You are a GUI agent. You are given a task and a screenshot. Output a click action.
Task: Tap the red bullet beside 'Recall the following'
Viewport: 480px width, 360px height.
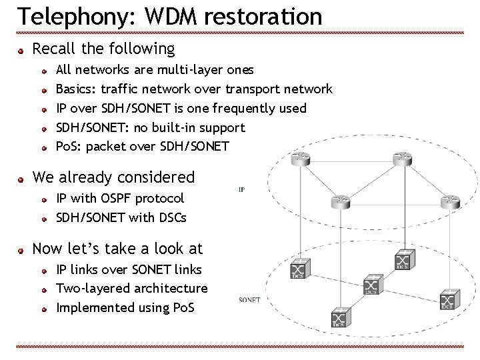(x=22, y=50)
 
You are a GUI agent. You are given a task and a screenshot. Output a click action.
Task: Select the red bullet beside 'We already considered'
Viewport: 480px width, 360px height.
(x=22, y=178)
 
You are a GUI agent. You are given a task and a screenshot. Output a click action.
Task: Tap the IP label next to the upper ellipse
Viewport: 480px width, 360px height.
(x=241, y=189)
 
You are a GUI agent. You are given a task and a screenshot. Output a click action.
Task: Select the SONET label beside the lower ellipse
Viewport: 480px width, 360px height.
(x=249, y=300)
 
